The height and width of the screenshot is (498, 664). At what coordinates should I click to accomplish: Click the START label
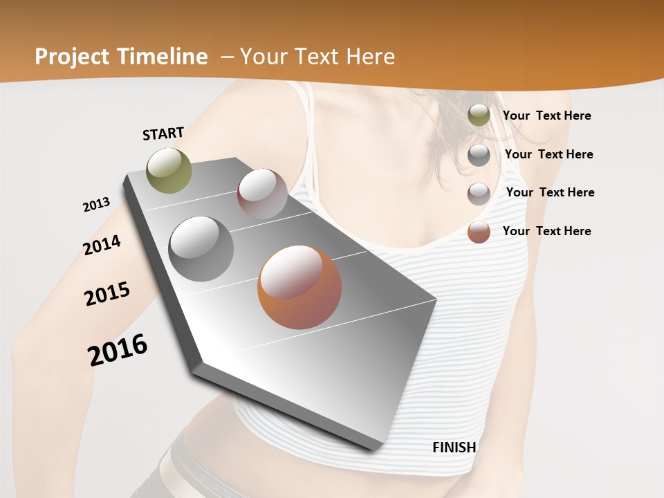(x=163, y=133)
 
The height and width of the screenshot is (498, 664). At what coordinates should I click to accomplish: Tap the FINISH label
(x=454, y=447)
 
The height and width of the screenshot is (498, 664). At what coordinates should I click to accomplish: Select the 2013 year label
(x=96, y=204)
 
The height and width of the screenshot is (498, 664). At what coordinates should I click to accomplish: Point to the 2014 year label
(x=102, y=245)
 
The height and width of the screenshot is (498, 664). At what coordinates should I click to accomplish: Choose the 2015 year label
(x=107, y=294)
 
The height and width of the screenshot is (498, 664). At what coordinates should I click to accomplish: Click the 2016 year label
(x=118, y=349)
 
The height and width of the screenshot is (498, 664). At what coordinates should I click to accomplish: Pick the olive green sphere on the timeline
(x=169, y=170)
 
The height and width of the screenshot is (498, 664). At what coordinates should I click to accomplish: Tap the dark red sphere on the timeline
(x=262, y=194)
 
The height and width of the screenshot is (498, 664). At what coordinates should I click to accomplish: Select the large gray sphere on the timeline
(x=201, y=248)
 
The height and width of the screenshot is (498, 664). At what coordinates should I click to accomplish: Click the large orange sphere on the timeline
(x=299, y=287)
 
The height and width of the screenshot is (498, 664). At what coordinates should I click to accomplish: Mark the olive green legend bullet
(x=479, y=115)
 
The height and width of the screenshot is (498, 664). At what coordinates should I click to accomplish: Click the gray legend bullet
(x=479, y=155)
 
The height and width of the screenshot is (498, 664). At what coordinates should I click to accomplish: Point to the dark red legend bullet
(x=479, y=194)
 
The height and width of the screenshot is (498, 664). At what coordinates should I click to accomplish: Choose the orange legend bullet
(x=479, y=232)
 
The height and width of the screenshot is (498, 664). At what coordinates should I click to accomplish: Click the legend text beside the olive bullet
(x=546, y=116)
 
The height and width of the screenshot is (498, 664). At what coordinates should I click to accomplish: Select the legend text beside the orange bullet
(x=546, y=231)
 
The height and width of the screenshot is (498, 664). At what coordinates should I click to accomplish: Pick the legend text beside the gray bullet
(x=548, y=154)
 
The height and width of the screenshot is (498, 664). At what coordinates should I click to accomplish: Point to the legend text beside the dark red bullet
(x=550, y=192)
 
